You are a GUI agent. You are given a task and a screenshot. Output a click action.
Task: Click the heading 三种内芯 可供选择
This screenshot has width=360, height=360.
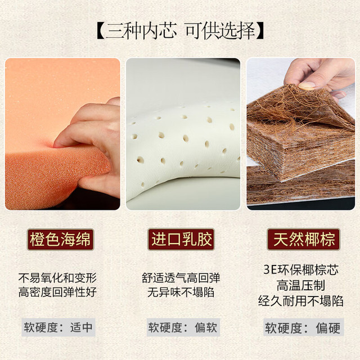(180, 31)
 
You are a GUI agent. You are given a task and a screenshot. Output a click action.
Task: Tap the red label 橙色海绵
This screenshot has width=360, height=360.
(60, 240)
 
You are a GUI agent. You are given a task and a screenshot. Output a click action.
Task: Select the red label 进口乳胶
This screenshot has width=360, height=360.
(181, 239)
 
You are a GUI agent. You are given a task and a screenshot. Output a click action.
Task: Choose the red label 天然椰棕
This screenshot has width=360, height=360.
(304, 239)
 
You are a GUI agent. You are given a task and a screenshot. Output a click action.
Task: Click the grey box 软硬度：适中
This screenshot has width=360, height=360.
(58, 327)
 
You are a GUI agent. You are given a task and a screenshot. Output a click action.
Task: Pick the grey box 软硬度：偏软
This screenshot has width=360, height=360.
(183, 327)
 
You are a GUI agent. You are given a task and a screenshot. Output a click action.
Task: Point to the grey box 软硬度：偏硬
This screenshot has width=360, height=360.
(303, 327)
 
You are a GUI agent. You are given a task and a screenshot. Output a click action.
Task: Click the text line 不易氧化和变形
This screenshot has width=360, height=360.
(57, 278)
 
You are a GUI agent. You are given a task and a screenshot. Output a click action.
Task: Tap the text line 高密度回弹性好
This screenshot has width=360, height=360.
(57, 292)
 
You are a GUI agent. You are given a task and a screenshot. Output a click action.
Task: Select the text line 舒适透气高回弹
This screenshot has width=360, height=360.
(181, 278)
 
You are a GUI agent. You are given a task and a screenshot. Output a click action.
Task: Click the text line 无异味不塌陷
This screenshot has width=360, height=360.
(181, 292)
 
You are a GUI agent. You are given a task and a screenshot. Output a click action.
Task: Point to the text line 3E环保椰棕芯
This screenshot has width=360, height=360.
(301, 270)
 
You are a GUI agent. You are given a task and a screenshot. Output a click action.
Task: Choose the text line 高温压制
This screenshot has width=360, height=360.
(301, 285)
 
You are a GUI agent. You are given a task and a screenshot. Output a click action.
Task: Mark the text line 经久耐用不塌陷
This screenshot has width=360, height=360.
(301, 301)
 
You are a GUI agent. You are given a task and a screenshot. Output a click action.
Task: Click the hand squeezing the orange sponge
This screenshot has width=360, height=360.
(92, 142)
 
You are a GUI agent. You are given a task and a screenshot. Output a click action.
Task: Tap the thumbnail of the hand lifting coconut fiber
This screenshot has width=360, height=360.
(301, 134)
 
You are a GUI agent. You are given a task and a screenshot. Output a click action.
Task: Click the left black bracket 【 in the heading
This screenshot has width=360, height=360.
(100, 31)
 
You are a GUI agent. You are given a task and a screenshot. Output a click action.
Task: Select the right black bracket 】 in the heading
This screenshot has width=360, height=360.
(260, 31)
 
